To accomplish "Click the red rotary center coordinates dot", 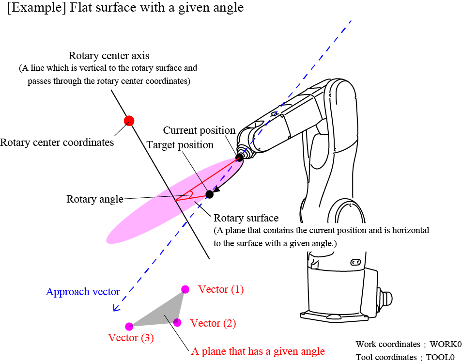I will coord(129,121).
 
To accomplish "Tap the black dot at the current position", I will coord(239,158).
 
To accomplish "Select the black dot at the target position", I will coord(209,194).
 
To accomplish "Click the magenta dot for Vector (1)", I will coord(185,289).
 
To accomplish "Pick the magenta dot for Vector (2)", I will coord(177,322).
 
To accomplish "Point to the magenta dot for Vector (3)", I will coord(129,327).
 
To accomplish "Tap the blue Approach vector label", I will coord(83,292).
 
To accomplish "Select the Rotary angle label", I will coord(95,199).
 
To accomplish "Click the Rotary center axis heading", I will coord(109,56).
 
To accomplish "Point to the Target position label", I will coord(180,145).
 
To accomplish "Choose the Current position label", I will coord(199,130).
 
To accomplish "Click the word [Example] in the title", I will coord(31,8).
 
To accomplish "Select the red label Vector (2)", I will coord(213,323).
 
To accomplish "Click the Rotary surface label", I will coord(246,218).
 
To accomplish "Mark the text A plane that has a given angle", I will coord(258,351).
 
